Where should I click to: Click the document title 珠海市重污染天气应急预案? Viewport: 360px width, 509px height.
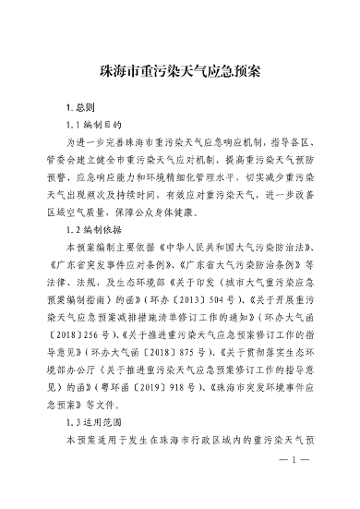(180, 70)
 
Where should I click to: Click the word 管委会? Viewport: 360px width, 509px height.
(73, 161)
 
